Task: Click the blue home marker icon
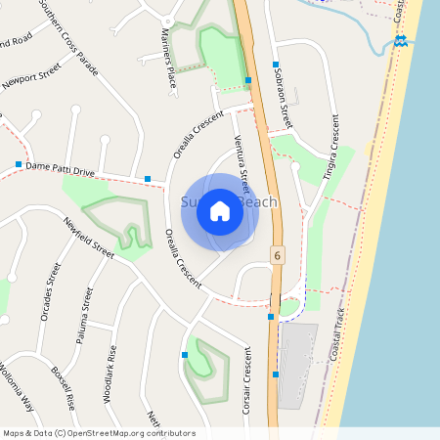220,210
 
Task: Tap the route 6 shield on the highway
278,255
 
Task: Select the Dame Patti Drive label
61,169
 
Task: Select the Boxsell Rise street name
63,387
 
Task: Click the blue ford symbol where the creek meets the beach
400,41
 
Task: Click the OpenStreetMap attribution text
99,432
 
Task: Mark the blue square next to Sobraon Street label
248,80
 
